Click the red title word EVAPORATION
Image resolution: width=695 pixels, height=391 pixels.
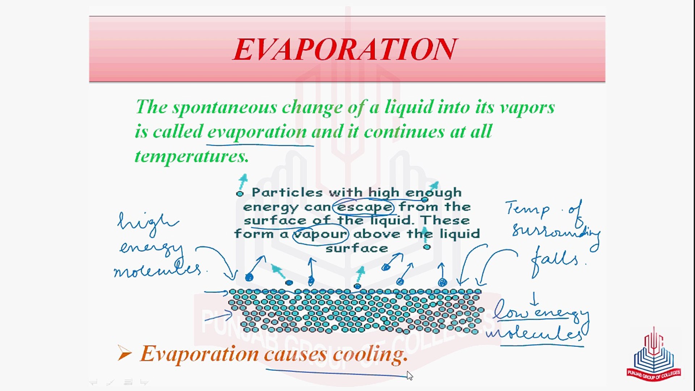click(x=345, y=49)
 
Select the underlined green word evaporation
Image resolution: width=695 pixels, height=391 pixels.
click(x=257, y=132)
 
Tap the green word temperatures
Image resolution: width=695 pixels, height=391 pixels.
click(x=191, y=156)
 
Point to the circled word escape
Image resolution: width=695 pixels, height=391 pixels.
click(x=364, y=207)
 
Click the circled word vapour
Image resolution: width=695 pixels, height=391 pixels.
click(x=320, y=234)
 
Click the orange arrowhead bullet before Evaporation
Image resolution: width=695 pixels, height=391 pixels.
click(x=124, y=353)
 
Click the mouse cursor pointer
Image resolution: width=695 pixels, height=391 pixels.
click(x=409, y=375)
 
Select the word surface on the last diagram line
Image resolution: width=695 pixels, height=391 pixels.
click(x=357, y=248)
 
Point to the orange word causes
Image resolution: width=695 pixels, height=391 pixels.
click(x=295, y=354)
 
